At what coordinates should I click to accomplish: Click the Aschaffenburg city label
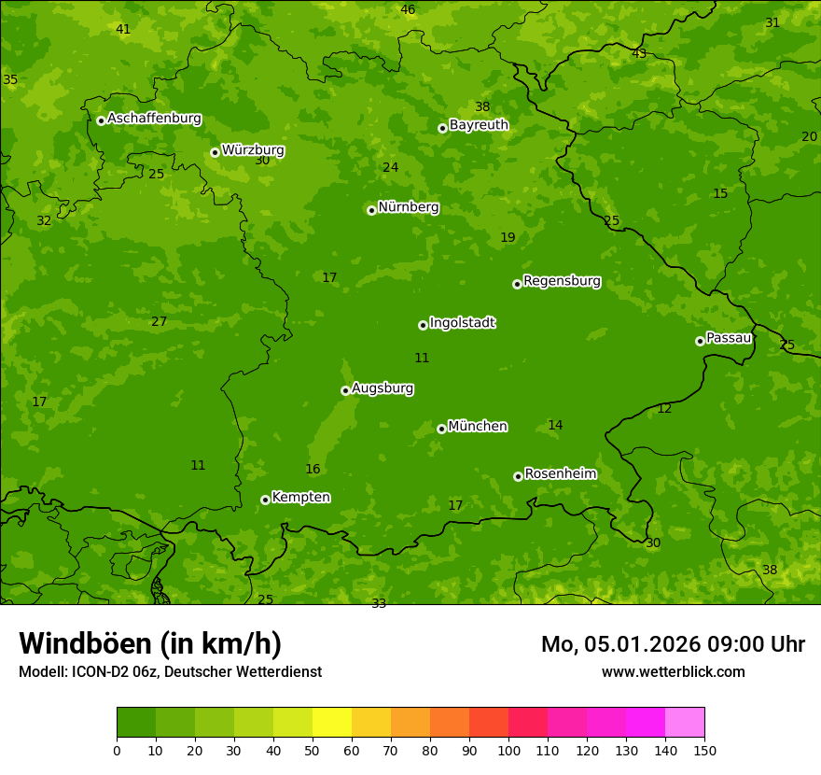point(154,119)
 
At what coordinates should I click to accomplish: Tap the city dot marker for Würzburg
point(215,152)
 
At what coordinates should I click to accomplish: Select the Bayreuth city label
point(479,125)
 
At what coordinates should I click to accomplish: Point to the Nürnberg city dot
point(371,210)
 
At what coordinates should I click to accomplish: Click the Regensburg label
point(562,281)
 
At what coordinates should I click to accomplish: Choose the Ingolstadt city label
point(462,323)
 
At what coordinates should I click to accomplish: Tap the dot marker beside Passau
point(700,341)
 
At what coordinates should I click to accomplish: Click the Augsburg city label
point(383,388)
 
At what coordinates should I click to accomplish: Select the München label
point(478,427)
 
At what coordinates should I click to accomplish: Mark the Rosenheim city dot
point(518,476)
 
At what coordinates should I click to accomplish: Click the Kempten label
point(300,498)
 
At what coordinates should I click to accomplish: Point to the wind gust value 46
point(408,10)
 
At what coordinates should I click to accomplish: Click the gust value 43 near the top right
point(639,53)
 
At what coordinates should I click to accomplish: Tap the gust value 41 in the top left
point(123,30)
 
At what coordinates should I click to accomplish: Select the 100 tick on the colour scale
point(508,750)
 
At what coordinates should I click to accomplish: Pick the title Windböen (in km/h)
point(150,643)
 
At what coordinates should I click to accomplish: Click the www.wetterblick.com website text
point(673,671)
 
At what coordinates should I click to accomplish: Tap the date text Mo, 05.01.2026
point(607,644)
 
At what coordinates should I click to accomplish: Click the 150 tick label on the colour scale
point(704,750)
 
